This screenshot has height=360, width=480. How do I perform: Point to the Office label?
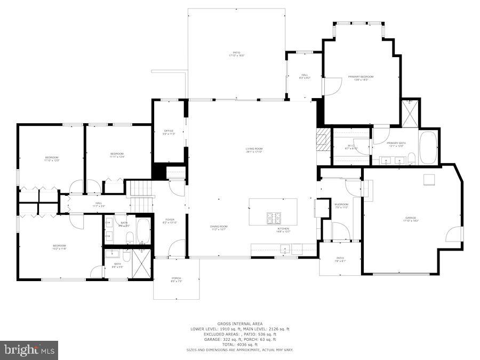(x=169, y=132)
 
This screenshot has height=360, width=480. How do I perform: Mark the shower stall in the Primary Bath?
(x=410, y=114)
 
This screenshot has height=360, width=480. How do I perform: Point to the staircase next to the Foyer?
(x=141, y=196)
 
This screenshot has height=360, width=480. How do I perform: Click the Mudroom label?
(x=341, y=206)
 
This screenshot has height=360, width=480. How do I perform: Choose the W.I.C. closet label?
(x=351, y=147)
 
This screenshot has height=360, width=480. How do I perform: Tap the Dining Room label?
(x=219, y=228)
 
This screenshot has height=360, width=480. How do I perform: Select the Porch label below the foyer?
(x=176, y=279)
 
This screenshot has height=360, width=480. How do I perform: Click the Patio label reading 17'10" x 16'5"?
(x=236, y=54)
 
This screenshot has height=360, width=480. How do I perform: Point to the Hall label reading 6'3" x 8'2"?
(x=305, y=76)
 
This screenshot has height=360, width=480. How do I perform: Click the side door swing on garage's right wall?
(x=454, y=234)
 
